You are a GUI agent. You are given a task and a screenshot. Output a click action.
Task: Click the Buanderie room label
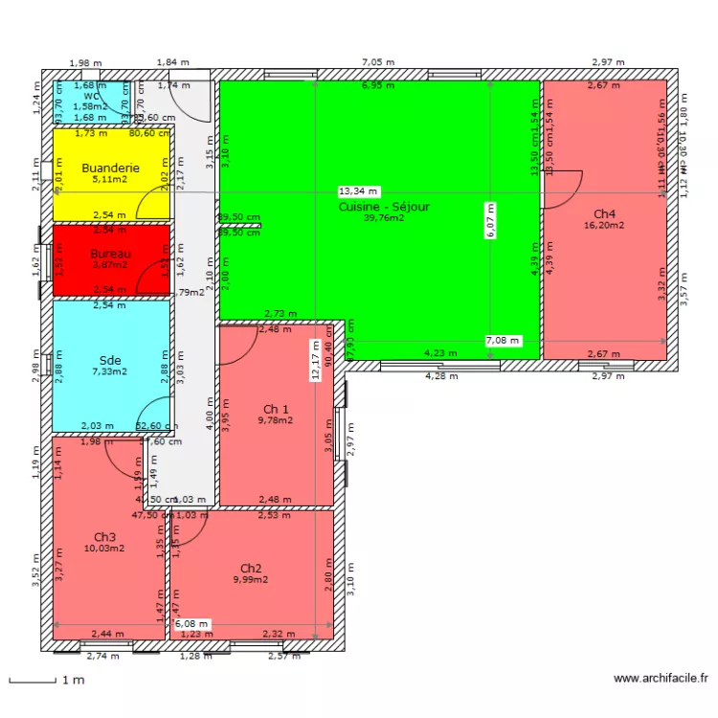coord(110,168)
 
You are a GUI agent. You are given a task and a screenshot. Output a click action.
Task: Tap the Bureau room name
coord(110,254)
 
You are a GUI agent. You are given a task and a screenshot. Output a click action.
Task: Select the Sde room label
coord(110,359)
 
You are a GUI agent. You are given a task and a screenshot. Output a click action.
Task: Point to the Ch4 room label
coord(604,213)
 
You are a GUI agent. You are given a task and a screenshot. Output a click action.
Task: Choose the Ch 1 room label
coord(277,407)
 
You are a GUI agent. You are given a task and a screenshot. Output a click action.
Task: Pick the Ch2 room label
coord(251,568)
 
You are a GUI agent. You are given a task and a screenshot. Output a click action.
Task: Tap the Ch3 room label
coord(104,537)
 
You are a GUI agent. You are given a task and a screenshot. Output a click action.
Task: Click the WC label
coord(91,97)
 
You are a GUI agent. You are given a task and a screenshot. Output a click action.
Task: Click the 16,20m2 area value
coord(604,226)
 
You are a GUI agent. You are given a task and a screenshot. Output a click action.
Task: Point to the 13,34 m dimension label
coord(359,191)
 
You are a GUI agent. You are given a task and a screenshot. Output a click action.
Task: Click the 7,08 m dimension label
coord(504,340)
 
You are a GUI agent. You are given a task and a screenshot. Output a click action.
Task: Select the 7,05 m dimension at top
coord(376,62)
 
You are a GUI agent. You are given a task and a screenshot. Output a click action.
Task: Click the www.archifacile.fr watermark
coord(660,679)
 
